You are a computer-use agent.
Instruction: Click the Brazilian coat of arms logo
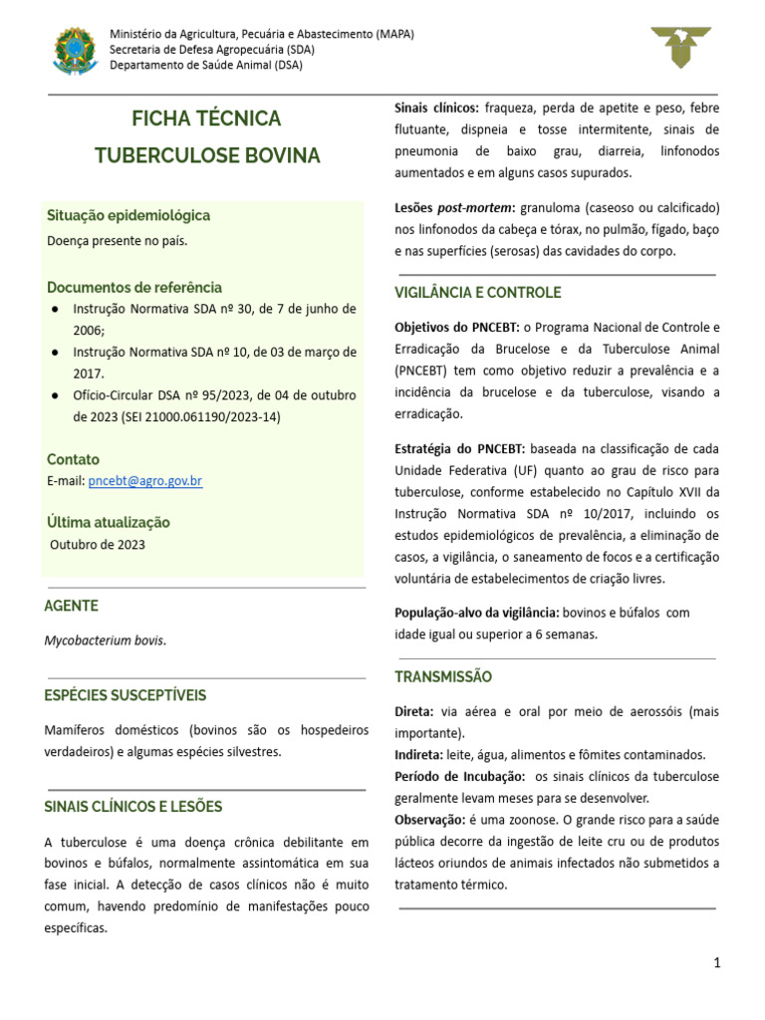tap(75, 50)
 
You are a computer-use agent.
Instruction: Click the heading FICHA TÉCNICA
tap(207, 119)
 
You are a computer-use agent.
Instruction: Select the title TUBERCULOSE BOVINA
tap(207, 156)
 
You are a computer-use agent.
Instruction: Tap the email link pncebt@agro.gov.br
tap(145, 481)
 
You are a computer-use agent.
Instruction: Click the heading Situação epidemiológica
tap(128, 215)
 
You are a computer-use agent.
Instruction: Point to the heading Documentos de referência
tap(134, 287)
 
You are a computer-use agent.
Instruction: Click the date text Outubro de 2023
tap(98, 545)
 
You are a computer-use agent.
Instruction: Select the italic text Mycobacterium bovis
tap(105, 640)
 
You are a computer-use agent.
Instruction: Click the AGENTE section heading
tap(72, 606)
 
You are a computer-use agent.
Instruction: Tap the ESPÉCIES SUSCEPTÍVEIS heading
tap(126, 694)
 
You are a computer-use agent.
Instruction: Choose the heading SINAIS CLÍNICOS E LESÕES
tap(133, 806)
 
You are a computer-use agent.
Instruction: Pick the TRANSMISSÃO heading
tap(443, 676)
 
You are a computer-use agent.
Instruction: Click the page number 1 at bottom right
tap(716, 962)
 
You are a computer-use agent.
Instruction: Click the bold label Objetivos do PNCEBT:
tap(457, 327)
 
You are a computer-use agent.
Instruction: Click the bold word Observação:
tap(429, 819)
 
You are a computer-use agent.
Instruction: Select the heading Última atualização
tap(109, 522)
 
